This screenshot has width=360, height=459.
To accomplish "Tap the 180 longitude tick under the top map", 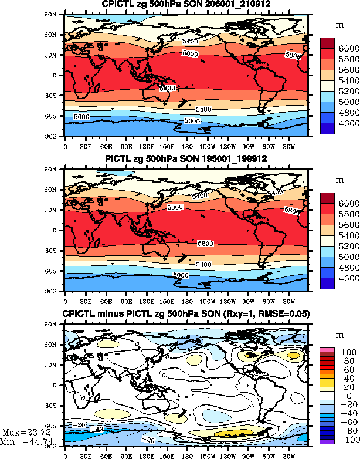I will (x=186, y=146).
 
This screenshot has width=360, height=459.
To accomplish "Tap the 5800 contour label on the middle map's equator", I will (x=205, y=243).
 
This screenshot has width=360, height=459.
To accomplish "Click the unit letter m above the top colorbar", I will (x=338, y=26).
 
